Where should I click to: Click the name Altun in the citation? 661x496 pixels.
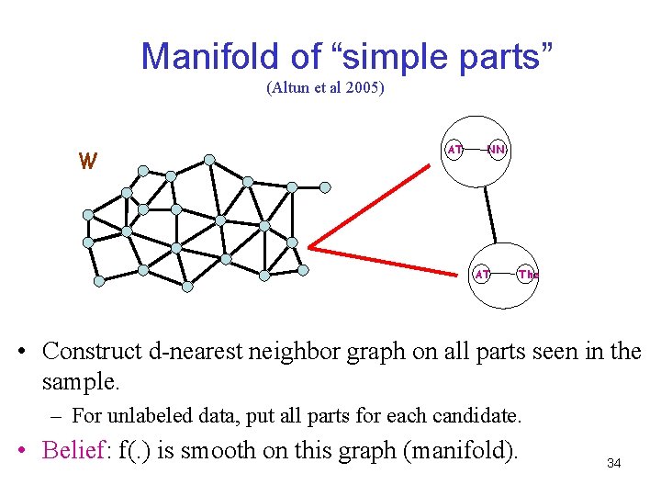(x=293, y=89)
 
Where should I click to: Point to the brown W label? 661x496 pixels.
(x=87, y=162)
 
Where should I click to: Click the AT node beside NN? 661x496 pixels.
(x=454, y=149)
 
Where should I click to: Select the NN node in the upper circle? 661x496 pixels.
(x=497, y=149)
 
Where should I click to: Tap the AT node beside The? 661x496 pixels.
(x=482, y=274)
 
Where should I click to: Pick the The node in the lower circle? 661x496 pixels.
(x=527, y=274)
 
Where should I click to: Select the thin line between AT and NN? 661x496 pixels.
(x=475, y=149)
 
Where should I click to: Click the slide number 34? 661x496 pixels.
(x=613, y=464)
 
